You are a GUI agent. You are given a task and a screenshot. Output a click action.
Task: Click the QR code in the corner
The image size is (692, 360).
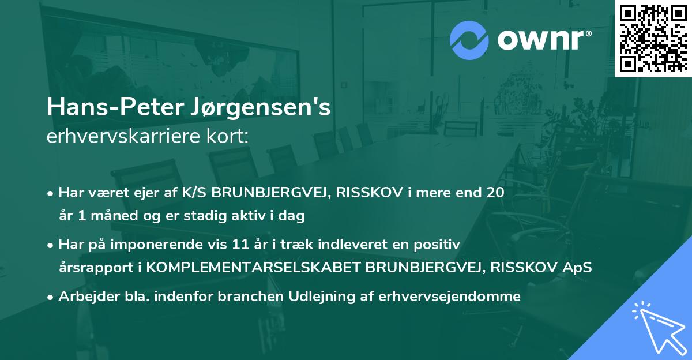pyautogui.click(x=653, y=39)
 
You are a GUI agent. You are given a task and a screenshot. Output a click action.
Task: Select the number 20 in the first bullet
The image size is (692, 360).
pyautogui.click(x=495, y=193)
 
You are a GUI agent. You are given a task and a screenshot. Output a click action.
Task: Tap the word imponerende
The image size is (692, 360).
pyautogui.click(x=175, y=245)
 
